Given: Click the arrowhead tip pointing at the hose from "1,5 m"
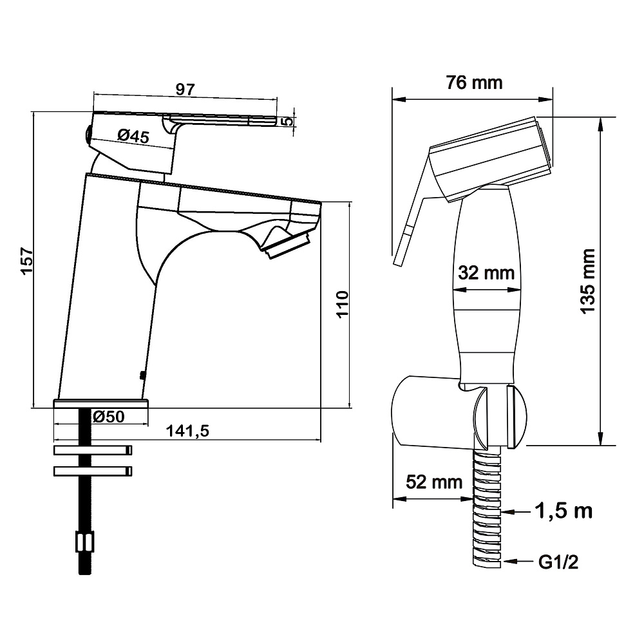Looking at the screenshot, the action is (x=502, y=512).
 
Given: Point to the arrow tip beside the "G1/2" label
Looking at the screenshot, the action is (x=504, y=561).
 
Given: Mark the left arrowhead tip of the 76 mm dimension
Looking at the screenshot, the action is (x=393, y=99).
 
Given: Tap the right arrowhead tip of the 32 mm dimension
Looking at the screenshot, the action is (x=521, y=290).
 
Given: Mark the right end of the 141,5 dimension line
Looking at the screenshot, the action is (x=320, y=440).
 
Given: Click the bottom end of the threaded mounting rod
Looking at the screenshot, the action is (x=84, y=574).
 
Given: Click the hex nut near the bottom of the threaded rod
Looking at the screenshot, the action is (x=84, y=542).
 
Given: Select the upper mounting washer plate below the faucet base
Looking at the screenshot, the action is (x=93, y=450).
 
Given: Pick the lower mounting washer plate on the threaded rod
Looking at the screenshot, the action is (x=93, y=471).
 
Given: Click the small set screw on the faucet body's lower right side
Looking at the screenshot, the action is (x=142, y=375).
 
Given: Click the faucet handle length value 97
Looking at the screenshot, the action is (x=185, y=90).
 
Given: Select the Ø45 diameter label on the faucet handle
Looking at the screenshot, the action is (x=133, y=135).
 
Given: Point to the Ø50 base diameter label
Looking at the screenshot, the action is (x=108, y=417).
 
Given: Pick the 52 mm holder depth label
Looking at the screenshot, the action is (x=434, y=482).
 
